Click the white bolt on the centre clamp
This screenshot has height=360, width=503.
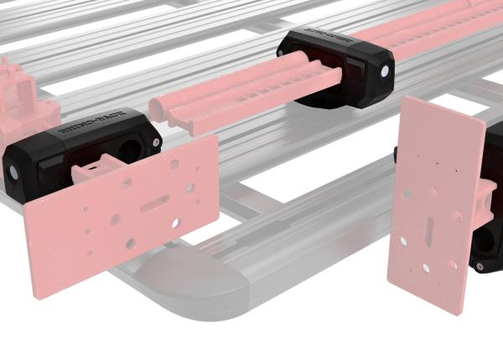[384, 72]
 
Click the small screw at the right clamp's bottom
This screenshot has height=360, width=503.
[480, 267]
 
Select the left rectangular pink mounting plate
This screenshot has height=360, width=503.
[117, 222]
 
